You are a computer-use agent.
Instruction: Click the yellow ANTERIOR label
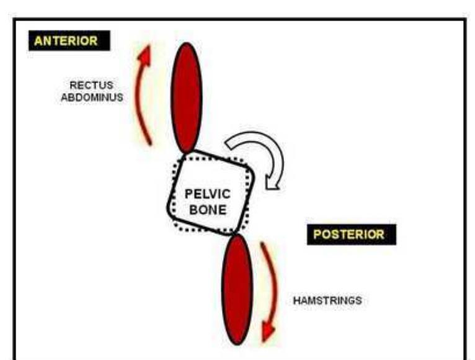pos(66,41)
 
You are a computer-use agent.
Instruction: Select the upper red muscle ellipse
pos(187,97)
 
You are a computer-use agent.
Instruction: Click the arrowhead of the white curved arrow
pos(272,181)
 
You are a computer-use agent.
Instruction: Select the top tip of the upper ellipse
pos(187,43)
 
